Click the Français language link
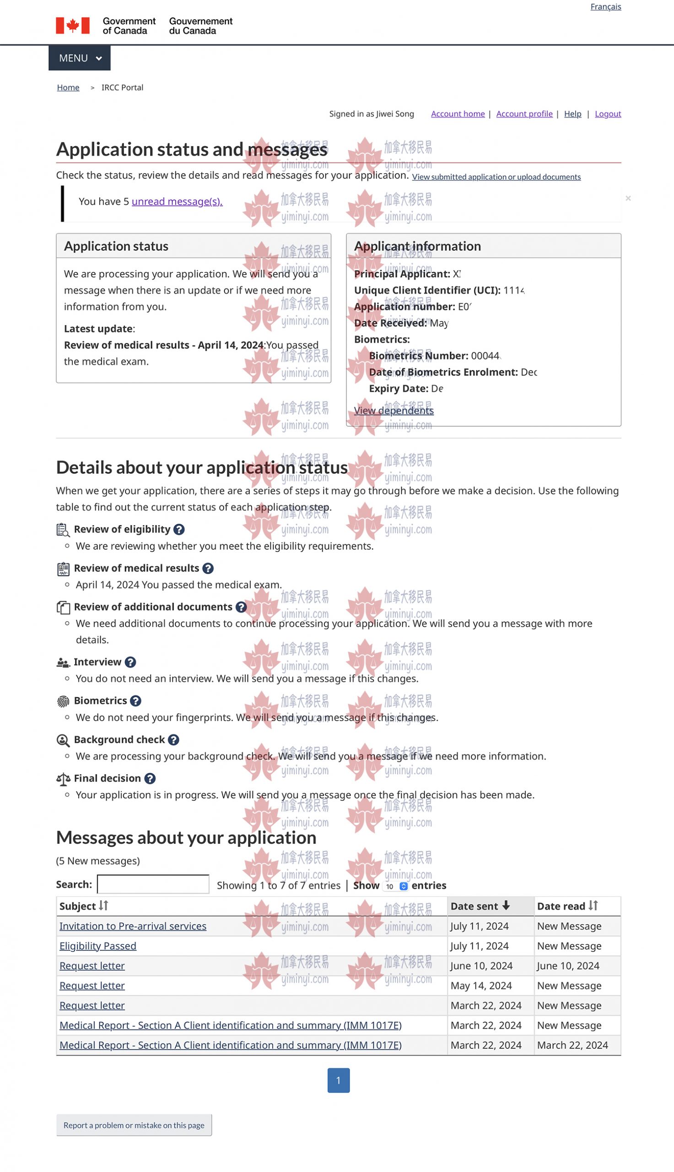tap(605, 6)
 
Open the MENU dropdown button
tap(80, 58)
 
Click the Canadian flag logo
tap(73, 26)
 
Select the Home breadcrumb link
tap(68, 87)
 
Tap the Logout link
tap(608, 114)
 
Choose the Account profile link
tap(524, 114)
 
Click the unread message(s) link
tap(177, 201)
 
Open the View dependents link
tap(394, 410)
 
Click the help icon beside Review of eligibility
tap(179, 529)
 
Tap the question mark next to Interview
tap(130, 662)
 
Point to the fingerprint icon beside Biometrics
tap(63, 701)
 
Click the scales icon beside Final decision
tap(63, 779)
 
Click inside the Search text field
tap(153, 884)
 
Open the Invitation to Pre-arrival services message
tap(133, 926)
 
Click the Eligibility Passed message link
tap(97, 946)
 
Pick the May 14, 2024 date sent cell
tap(481, 986)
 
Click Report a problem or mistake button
tap(134, 1125)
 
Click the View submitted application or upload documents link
tap(496, 177)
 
